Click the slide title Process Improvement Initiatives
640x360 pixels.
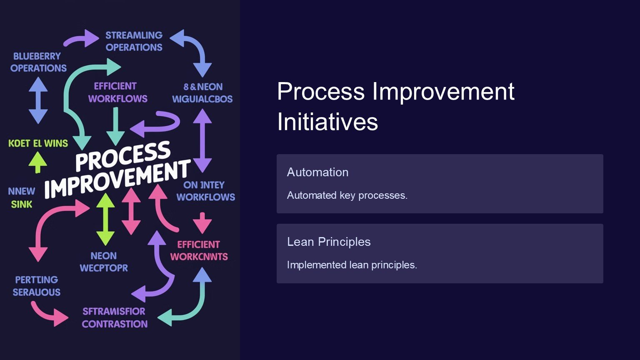pyautogui.click(x=395, y=106)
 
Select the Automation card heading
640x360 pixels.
pyautogui.click(x=317, y=172)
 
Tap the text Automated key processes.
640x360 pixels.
pyautogui.click(x=347, y=195)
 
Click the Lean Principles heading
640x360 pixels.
pyautogui.click(x=329, y=242)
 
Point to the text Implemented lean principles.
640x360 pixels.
pyautogui.click(x=352, y=265)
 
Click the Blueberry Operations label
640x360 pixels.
pyautogui.click(x=38, y=62)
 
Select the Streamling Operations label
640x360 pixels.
pyautogui.click(x=134, y=41)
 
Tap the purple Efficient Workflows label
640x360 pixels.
pyautogui.click(x=117, y=92)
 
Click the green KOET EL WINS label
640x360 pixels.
pyautogui.click(x=38, y=143)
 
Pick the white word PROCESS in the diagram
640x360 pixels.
pyautogui.click(x=123, y=156)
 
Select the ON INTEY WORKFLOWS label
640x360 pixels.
pyautogui.click(x=205, y=191)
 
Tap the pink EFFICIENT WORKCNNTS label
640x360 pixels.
pyautogui.click(x=199, y=250)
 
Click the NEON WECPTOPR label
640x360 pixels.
pyautogui.click(x=104, y=262)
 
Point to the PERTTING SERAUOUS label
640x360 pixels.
pyautogui.click(x=36, y=286)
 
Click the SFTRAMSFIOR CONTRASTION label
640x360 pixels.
pyautogui.click(x=115, y=317)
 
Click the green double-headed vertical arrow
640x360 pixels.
pyautogui.click(x=105, y=219)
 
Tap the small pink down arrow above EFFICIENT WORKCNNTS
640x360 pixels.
pyautogui.click(x=202, y=222)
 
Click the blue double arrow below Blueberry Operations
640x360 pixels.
pyautogui.click(x=38, y=100)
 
